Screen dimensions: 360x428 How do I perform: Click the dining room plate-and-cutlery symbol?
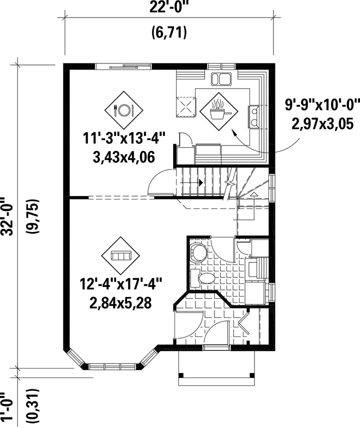pos(124,110)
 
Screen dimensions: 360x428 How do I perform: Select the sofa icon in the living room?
pos(120,255)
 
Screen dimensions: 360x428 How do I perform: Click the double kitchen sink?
pos(221,79)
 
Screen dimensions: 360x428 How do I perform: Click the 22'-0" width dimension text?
pos(169,7)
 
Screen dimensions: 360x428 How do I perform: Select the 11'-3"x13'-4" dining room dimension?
pos(124,138)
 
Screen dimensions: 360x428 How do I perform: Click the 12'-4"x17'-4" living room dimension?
pos(121,284)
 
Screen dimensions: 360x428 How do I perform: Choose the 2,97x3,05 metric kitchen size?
pos(322,123)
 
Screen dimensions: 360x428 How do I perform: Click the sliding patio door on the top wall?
pos(123,66)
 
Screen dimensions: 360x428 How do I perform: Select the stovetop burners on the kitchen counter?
pos(253,116)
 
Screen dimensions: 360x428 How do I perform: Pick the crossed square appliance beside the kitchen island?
pos(186,106)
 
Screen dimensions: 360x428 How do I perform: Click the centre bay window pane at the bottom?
pos(112,366)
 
